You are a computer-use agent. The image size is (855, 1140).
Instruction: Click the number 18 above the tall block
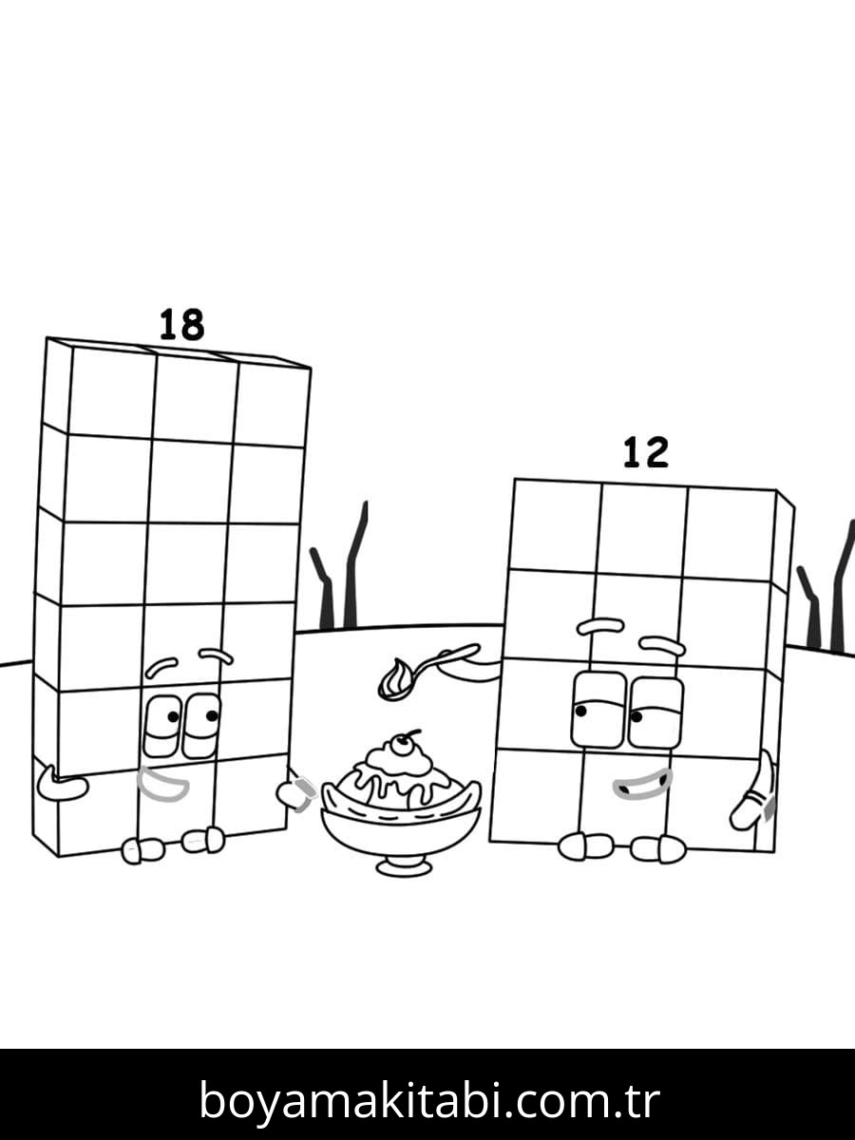[180, 326]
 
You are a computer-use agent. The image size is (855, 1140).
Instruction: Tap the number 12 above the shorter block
[646, 453]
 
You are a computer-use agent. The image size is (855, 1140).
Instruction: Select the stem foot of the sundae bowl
[404, 864]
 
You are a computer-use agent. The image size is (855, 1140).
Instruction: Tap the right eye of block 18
[201, 726]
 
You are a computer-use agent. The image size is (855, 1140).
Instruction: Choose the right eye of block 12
[655, 712]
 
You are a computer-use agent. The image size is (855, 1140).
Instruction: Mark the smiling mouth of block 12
[642, 785]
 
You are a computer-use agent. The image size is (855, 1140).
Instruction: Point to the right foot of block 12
[658, 848]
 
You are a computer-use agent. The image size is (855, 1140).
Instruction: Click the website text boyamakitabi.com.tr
[428, 1100]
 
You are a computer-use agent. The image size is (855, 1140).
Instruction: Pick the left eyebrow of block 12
[600, 627]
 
